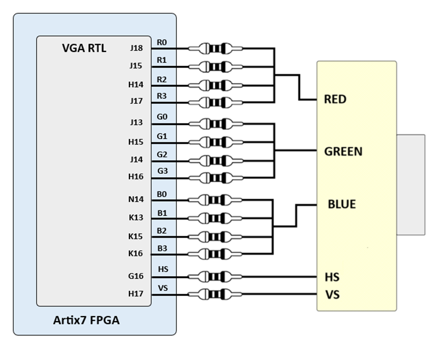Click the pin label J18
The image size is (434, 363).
coord(136,48)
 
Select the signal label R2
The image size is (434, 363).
coord(162,79)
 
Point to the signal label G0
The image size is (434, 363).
coord(162,117)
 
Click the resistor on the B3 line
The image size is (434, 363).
coord(215,253)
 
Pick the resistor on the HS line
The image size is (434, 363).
coord(215,276)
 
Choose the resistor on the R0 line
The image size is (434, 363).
coord(215,49)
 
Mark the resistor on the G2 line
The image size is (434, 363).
coord(215,160)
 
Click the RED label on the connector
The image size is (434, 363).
coord(335,99)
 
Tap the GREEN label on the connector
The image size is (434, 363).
coord(343,151)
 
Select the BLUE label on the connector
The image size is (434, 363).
coord(341,204)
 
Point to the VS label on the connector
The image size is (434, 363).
coord(332,294)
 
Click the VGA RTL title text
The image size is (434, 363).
coord(84,49)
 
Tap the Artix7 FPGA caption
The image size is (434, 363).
coord(87,320)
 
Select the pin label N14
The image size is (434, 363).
coord(136,199)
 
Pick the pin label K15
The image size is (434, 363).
coord(136,236)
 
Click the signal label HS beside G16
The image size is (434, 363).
coord(163,269)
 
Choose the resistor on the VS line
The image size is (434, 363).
coord(215,294)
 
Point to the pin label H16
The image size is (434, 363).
coord(136,177)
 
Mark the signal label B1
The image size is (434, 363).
coord(162,213)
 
